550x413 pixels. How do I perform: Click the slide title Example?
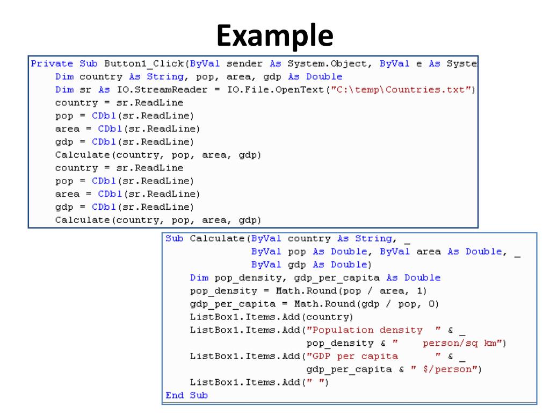click(275, 35)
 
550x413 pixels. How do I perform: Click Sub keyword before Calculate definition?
click(175, 238)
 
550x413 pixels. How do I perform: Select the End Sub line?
click(186, 395)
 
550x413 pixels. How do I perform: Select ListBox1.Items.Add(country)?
click(272, 317)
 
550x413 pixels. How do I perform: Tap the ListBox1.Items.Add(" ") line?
click(259, 382)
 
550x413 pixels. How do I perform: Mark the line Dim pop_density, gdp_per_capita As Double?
click(315, 277)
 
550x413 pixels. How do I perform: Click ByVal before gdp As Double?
click(267, 265)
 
